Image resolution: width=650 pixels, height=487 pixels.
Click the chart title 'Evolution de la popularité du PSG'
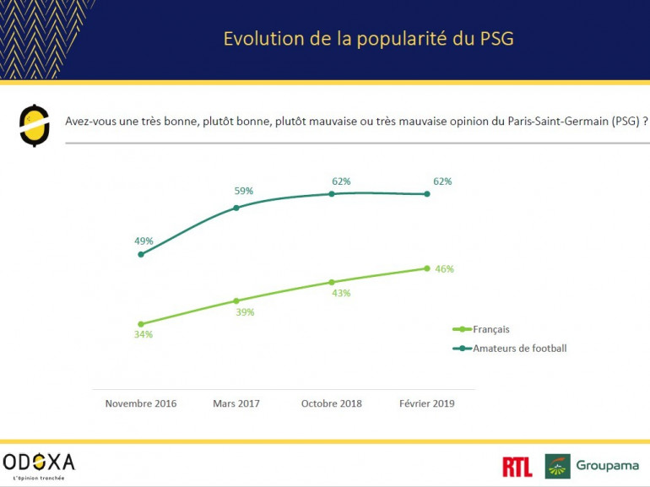pyautogui.click(x=367, y=39)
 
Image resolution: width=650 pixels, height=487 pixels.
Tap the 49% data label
pyautogui.click(x=144, y=241)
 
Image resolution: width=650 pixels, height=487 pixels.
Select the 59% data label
pyautogui.click(x=244, y=191)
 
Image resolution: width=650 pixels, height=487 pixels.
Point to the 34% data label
pyautogui.click(x=143, y=334)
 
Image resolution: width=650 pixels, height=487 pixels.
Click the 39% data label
pyautogui.click(x=245, y=312)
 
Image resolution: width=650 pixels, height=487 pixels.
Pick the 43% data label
pyautogui.click(x=341, y=293)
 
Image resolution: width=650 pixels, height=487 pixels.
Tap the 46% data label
pyautogui.click(x=445, y=269)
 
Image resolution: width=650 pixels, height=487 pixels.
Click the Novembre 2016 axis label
pyautogui.click(x=141, y=403)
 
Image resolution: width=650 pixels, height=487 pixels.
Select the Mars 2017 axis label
pyautogui.click(x=236, y=403)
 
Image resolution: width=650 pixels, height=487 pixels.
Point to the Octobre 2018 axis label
pyautogui.click(x=331, y=403)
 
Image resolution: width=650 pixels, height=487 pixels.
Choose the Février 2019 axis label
pyautogui.click(x=426, y=403)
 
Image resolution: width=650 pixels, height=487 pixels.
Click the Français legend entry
pyautogui.click(x=490, y=329)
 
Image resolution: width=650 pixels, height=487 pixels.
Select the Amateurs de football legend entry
pyautogui.click(x=518, y=348)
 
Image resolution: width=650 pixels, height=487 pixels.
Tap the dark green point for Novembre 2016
pyautogui.click(x=140, y=254)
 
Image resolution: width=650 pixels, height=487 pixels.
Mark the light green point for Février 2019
pyautogui.click(x=426, y=268)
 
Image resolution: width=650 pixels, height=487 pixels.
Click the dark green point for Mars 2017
pyautogui.click(x=236, y=207)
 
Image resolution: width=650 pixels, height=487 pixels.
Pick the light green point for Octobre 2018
pyautogui.click(x=331, y=282)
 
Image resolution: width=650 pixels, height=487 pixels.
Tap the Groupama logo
pyautogui.click(x=592, y=466)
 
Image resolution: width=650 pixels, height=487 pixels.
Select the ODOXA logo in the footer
pyautogui.click(x=39, y=463)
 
